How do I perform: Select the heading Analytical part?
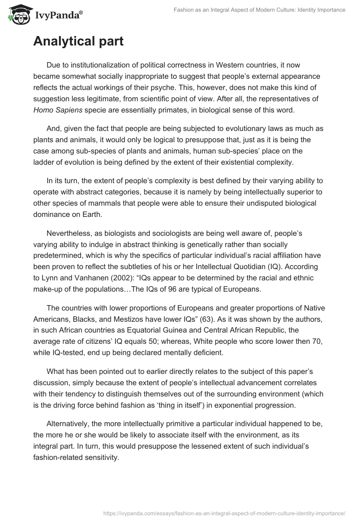(x=78, y=41)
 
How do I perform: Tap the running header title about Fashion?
(x=259, y=9)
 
